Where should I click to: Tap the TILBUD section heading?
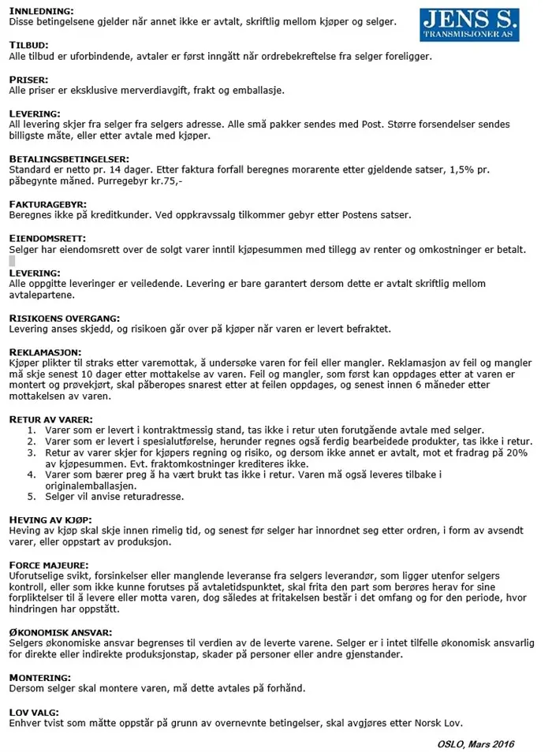28,46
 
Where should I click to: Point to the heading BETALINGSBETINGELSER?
69,158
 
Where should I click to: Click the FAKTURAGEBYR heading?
48,204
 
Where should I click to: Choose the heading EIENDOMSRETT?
47,238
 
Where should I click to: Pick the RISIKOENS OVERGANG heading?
64,318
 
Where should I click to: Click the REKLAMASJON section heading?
46,352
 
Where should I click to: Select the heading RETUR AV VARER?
51,419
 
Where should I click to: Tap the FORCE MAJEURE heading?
49,564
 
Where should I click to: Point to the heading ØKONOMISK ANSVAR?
60,632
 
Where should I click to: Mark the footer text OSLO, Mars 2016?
476,743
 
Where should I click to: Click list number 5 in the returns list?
32,497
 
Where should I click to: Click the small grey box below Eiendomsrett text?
12,260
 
